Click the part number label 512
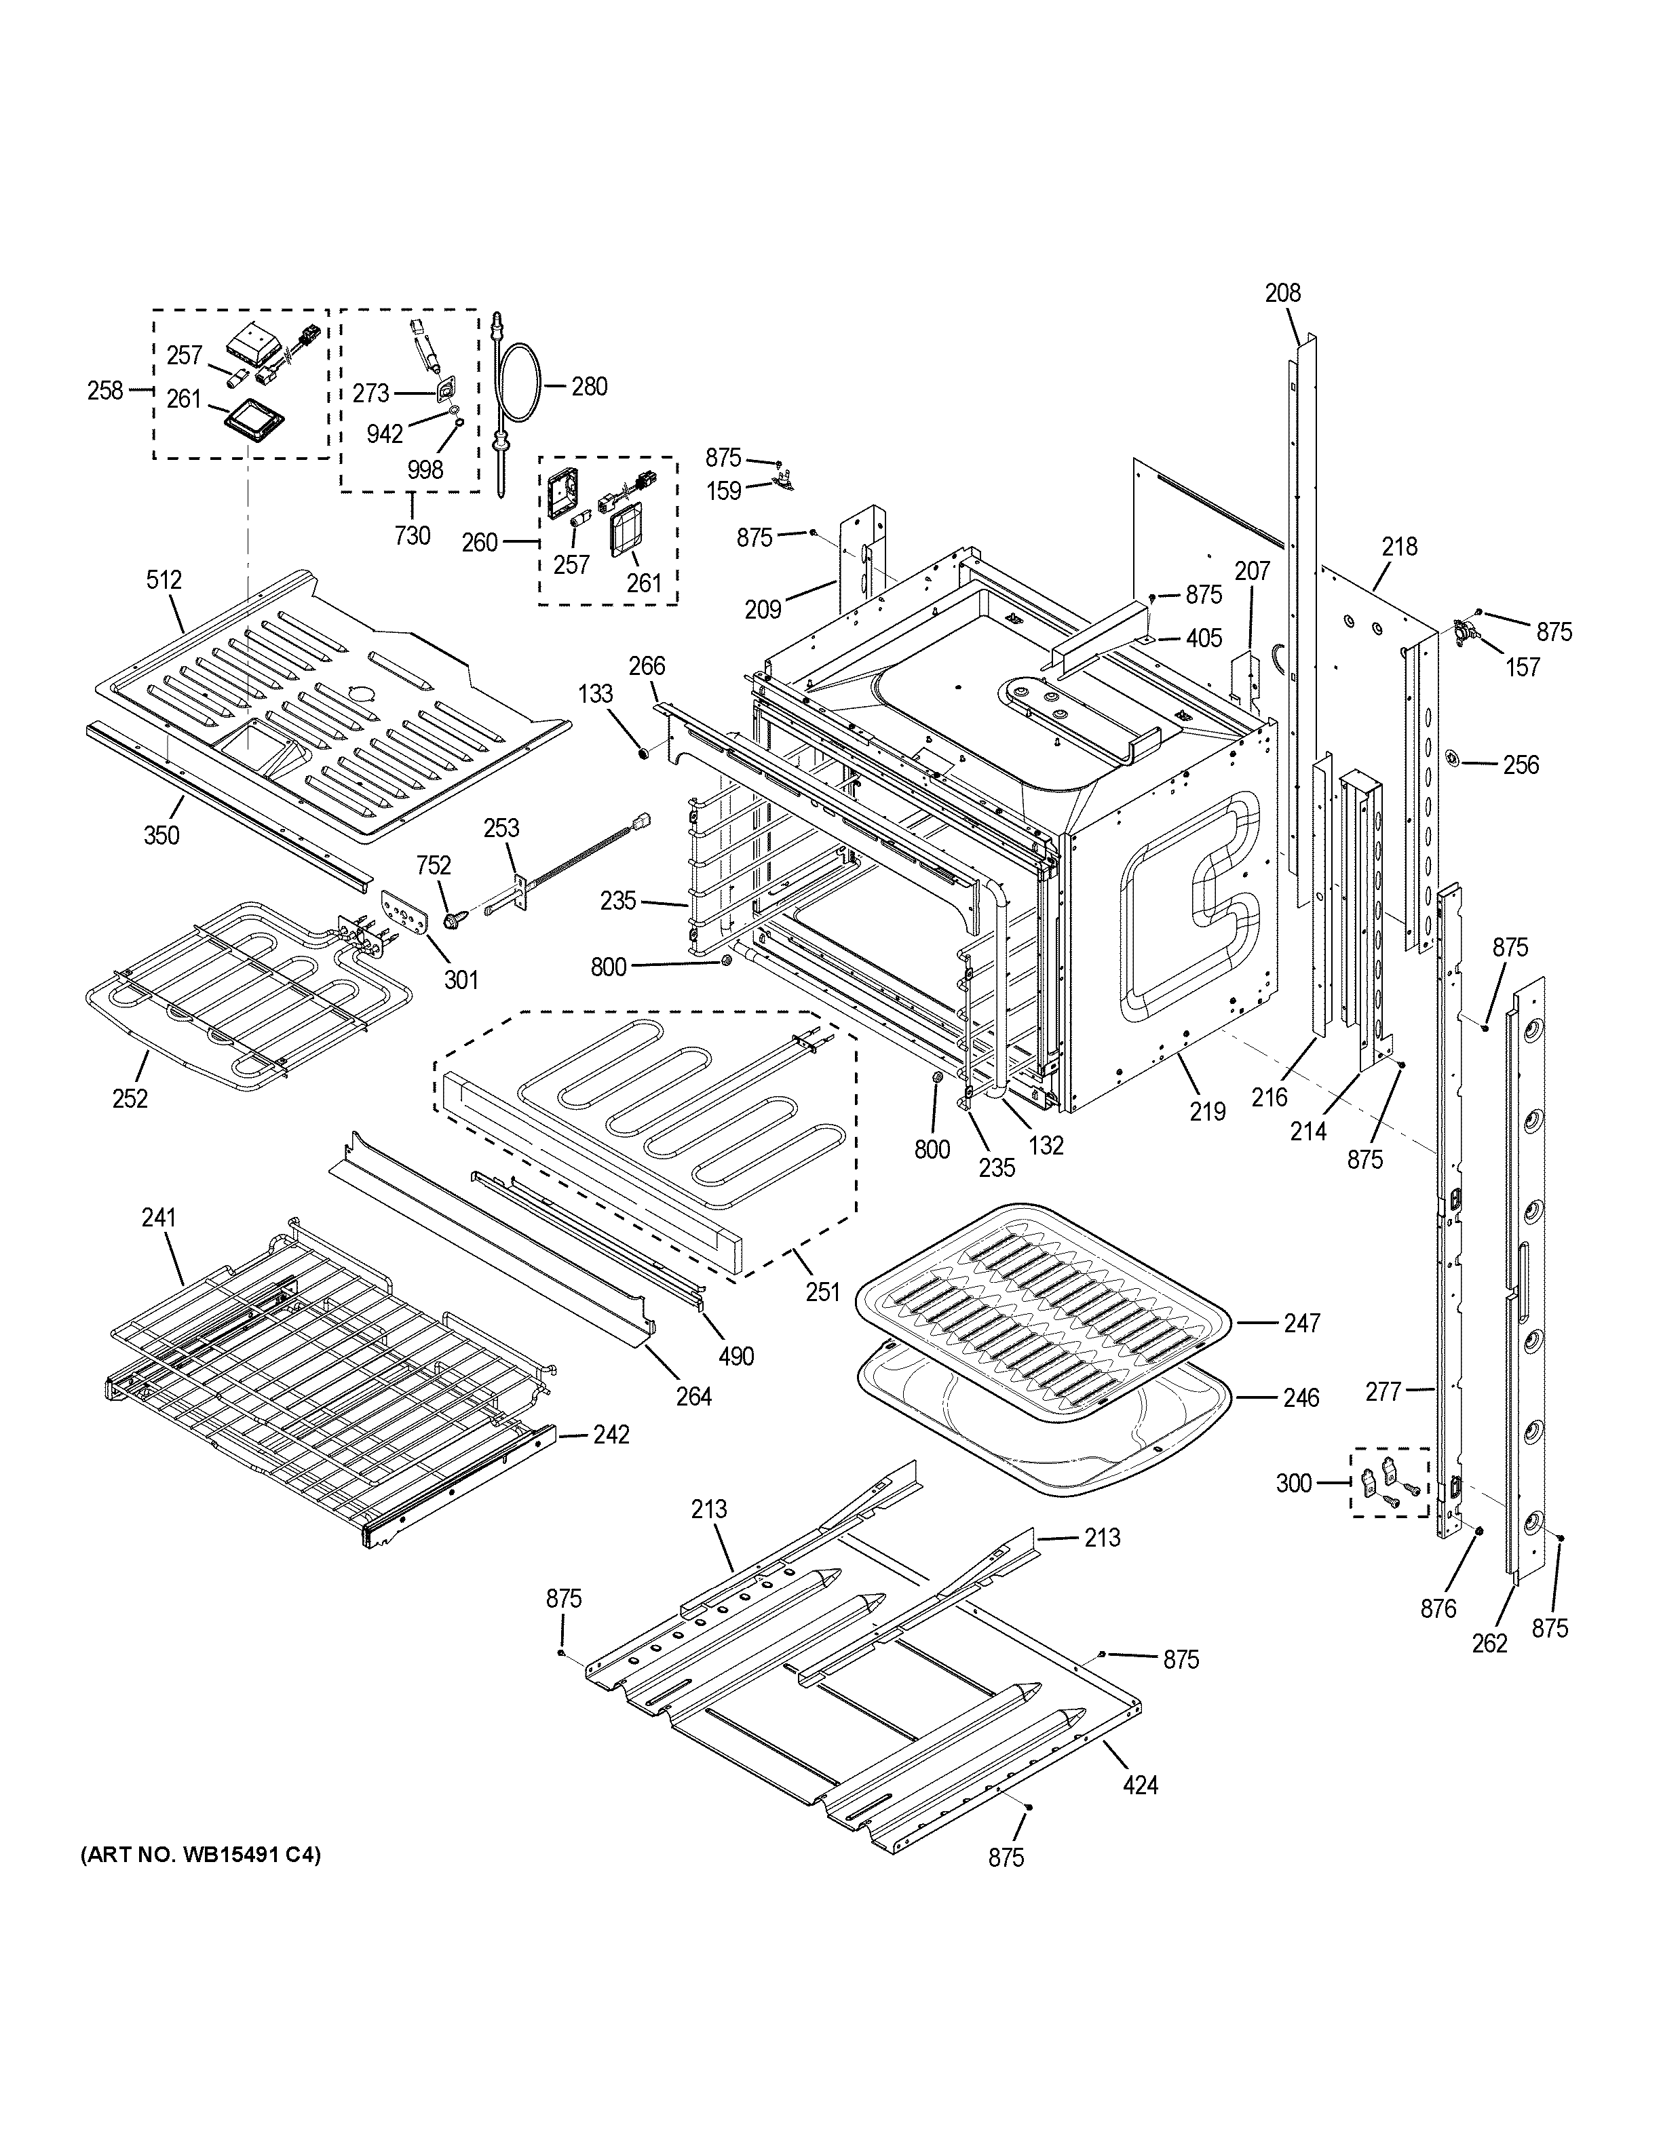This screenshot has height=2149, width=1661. pyautogui.click(x=164, y=579)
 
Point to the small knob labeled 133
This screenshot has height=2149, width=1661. pyautogui.click(x=642, y=754)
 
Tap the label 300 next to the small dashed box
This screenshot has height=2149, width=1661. pyautogui.click(x=1294, y=1482)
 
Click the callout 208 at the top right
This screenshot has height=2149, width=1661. pyautogui.click(x=1282, y=292)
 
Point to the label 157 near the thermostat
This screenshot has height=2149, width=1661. pyautogui.click(x=1523, y=667)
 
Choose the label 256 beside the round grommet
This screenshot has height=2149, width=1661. pyautogui.click(x=1521, y=764)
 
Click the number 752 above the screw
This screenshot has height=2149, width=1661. pyautogui.click(x=434, y=866)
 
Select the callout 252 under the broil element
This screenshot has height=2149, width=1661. pyautogui.click(x=130, y=1098)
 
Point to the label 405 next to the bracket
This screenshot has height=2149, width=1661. pyautogui.click(x=1204, y=638)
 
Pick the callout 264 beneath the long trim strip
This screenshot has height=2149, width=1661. pyautogui.click(x=693, y=1395)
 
